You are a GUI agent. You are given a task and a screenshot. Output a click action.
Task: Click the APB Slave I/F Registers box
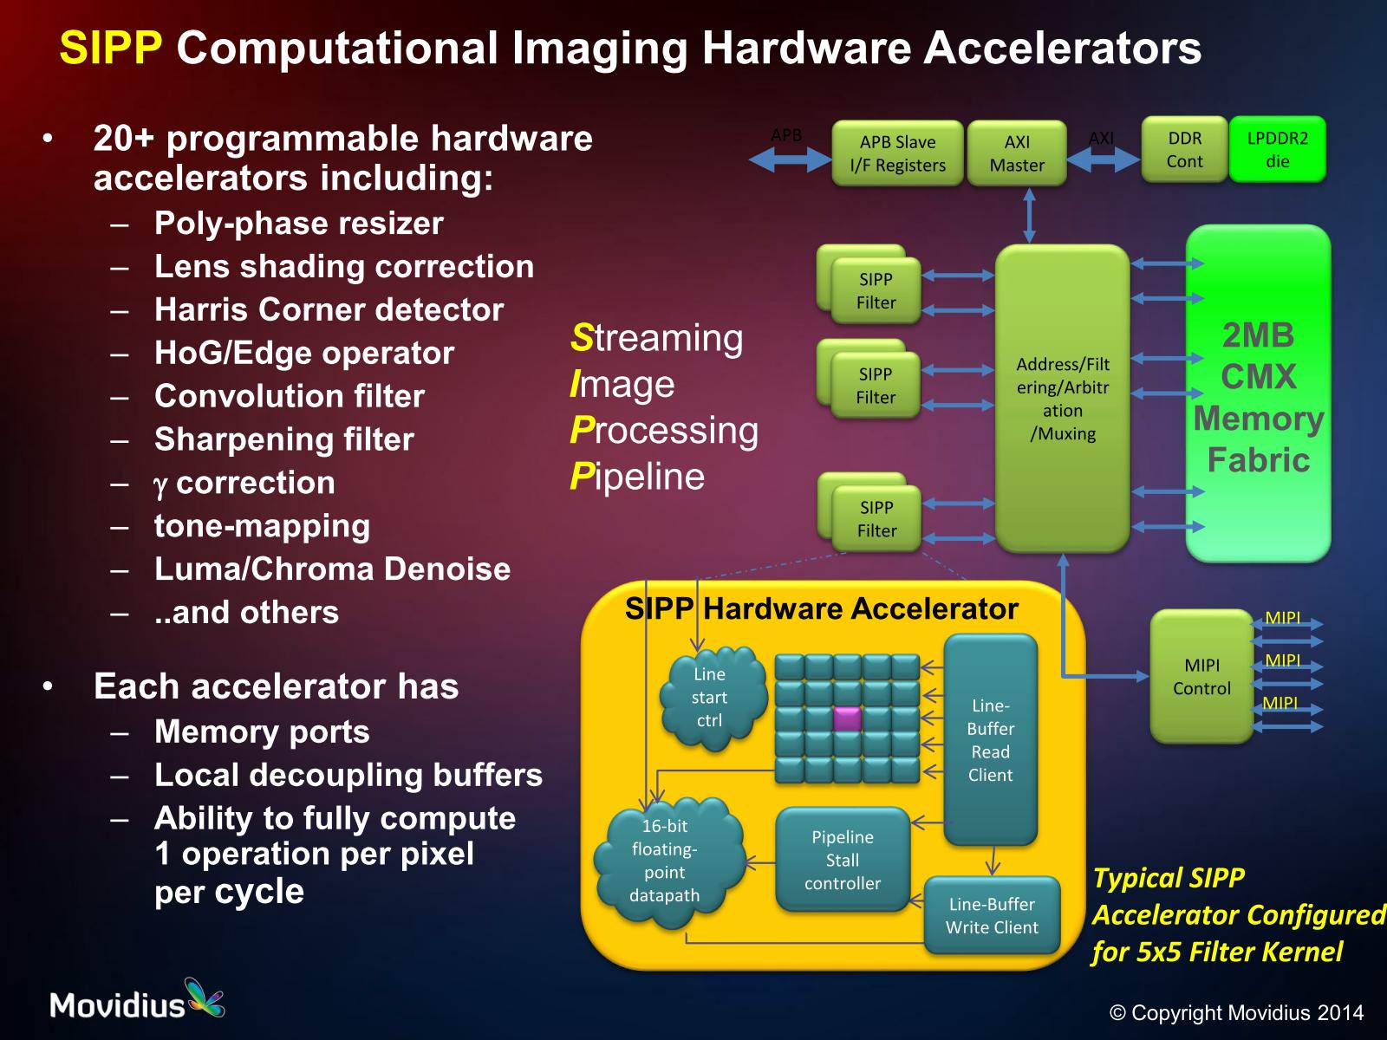897,153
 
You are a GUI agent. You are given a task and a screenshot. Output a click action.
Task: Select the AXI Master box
1017,153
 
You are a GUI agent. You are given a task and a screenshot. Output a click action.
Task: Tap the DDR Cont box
1184,150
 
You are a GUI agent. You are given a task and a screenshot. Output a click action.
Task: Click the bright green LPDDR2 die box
1277,150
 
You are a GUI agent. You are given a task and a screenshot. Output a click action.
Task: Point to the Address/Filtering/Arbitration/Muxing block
1062,399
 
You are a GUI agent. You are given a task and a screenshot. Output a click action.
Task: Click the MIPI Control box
1201,676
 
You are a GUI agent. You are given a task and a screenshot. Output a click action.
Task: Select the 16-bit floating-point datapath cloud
666,861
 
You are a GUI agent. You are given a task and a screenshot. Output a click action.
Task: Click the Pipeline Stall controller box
842,860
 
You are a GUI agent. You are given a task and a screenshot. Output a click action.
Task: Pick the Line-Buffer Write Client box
992,915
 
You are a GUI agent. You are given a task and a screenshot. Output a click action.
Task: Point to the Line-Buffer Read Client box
990,739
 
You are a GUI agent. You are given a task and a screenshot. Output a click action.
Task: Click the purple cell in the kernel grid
847,718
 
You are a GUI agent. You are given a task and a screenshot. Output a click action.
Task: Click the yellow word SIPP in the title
111,48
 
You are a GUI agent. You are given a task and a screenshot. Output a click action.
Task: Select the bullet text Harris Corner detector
329,309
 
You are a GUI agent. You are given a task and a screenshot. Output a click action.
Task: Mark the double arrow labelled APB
789,159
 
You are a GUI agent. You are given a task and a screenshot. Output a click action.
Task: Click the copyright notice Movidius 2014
1236,1012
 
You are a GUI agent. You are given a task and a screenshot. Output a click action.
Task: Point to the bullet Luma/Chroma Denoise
332,569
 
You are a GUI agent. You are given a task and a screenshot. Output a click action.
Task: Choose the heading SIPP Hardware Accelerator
821,608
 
